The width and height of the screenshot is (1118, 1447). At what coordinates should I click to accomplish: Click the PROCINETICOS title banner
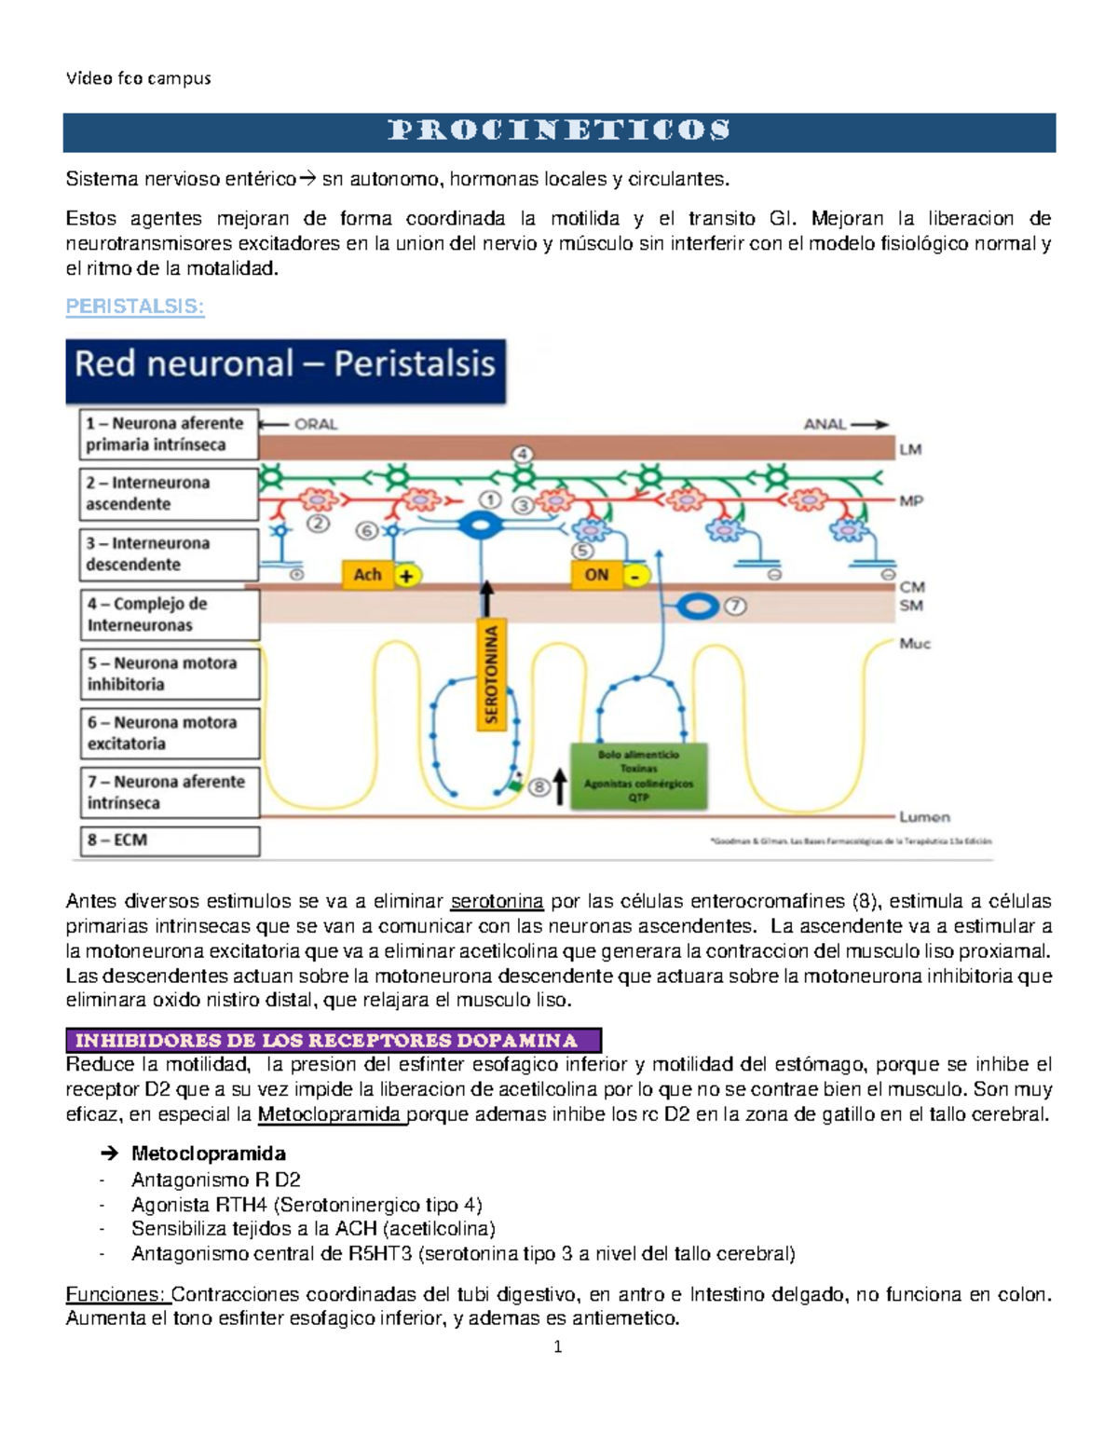pyautogui.click(x=559, y=131)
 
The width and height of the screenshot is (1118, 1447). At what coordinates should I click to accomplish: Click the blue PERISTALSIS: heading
pyautogui.click(x=135, y=307)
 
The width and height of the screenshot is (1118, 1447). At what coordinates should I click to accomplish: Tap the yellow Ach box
pyautogui.click(x=368, y=575)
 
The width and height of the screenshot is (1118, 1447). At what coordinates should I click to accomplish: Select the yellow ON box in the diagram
pyautogui.click(x=597, y=575)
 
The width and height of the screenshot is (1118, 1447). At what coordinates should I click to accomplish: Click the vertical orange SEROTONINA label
pyautogui.click(x=491, y=674)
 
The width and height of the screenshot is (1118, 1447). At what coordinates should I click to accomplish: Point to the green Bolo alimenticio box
pyautogui.click(x=638, y=775)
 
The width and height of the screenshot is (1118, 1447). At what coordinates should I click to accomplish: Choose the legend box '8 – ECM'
pyautogui.click(x=170, y=840)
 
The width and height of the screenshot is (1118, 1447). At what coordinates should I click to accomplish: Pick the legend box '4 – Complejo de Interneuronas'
pyautogui.click(x=170, y=614)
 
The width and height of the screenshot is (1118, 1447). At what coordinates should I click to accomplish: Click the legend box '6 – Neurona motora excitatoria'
pyautogui.click(x=170, y=733)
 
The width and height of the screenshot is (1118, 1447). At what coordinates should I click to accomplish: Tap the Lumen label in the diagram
pyautogui.click(x=924, y=817)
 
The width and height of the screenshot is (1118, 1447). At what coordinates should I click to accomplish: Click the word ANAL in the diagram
pyautogui.click(x=825, y=424)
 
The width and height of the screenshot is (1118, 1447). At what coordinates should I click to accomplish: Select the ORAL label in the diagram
pyautogui.click(x=316, y=424)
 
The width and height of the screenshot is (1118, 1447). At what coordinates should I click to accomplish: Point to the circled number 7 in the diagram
pyautogui.click(x=735, y=607)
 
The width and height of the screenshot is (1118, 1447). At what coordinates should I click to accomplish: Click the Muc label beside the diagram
pyautogui.click(x=914, y=644)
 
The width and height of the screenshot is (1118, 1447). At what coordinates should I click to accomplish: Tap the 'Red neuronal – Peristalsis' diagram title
pyautogui.click(x=285, y=363)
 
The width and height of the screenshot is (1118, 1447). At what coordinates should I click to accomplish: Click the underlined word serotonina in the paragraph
pyautogui.click(x=497, y=901)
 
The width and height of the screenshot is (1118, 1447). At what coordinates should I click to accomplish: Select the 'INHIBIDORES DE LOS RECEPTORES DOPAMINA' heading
pyautogui.click(x=334, y=1040)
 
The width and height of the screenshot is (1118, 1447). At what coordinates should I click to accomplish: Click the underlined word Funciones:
pyautogui.click(x=116, y=1294)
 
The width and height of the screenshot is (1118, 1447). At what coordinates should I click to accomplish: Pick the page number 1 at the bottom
pyautogui.click(x=558, y=1347)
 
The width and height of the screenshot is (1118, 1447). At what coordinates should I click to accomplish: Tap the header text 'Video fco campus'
pyautogui.click(x=139, y=78)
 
